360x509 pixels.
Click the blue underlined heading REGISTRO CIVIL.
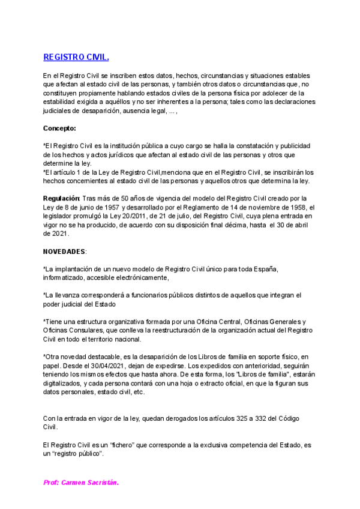[76, 58]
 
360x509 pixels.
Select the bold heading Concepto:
[59, 128]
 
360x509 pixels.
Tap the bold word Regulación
[61, 198]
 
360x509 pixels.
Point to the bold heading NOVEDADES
[65, 250]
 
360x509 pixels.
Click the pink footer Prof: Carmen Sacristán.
[81, 482]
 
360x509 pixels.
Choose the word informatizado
[63, 278]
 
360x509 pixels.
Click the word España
[265, 269]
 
